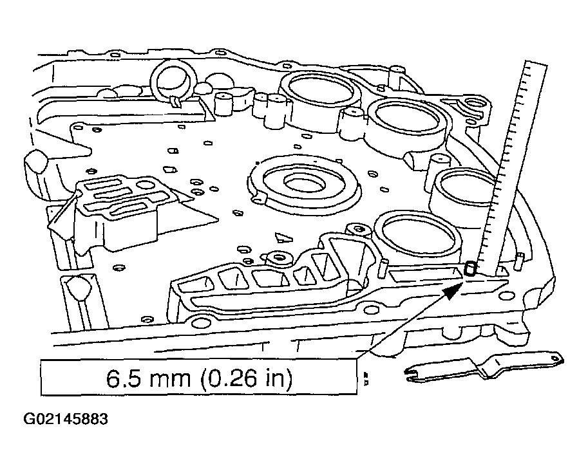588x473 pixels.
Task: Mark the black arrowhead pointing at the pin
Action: pyautogui.click(x=452, y=287)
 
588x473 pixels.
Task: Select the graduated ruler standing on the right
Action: pyautogui.click(x=515, y=167)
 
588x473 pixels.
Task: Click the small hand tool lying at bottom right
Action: pyautogui.click(x=483, y=367)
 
